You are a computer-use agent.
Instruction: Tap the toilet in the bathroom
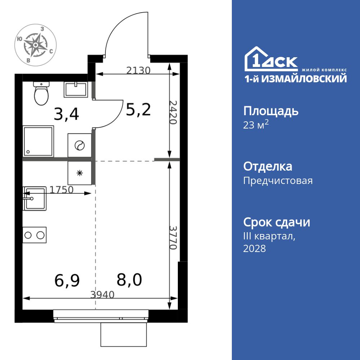[41, 93]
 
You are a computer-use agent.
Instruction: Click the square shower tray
[38, 141]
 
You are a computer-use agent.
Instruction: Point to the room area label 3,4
[66, 114]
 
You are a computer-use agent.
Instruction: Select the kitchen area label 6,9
[67, 280]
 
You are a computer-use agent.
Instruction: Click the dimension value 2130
[138, 71]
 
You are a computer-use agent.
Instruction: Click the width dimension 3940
[102, 295]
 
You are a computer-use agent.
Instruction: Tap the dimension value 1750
[62, 190]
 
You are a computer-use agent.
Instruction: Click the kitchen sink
[35, 198]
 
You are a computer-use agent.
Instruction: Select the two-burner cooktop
[35, 235]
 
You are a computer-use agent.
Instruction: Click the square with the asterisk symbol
[80, 173]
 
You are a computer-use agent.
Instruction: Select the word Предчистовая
[278, 181]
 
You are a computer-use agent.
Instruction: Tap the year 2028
[255, 248]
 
